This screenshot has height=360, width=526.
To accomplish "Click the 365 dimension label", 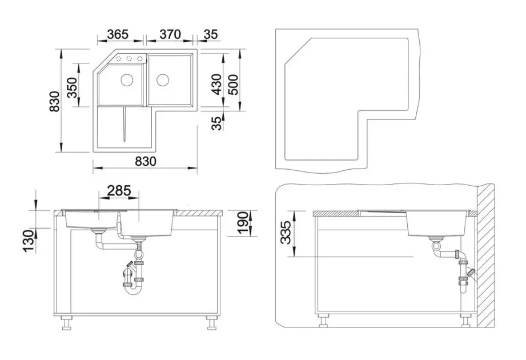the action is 118,34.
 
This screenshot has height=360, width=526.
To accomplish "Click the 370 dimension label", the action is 170,34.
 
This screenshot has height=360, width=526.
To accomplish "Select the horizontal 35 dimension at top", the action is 211,34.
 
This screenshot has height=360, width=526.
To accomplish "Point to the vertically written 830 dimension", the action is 54,101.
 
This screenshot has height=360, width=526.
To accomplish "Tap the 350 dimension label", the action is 72,87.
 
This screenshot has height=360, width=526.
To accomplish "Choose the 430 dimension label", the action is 217,84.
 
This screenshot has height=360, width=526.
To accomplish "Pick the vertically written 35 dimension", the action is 217,123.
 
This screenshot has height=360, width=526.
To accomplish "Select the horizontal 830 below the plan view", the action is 146,161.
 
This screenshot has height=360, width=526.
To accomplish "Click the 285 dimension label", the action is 119,190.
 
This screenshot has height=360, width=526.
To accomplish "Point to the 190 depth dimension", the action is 243,222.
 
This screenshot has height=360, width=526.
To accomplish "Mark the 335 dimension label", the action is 286,233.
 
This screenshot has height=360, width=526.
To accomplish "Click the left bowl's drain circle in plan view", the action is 127,79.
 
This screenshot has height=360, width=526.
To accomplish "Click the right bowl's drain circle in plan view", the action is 163,79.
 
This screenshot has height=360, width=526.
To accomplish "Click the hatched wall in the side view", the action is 485,255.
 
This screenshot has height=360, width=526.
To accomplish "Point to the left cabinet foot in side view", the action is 323,321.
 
